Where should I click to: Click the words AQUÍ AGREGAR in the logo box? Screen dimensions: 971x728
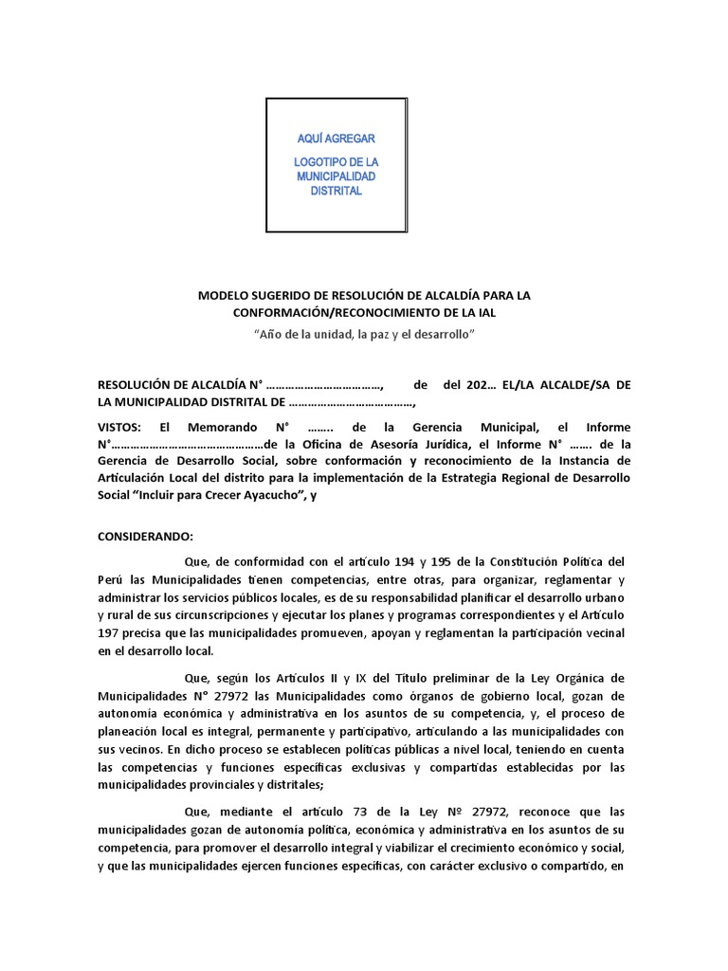click(337, 138)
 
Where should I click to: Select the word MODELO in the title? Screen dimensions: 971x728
click(223, 296)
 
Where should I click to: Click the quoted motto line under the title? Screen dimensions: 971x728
click(364, 335)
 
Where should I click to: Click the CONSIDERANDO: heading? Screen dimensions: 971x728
click(145, 536)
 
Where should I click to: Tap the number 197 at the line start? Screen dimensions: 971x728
click(109, 632)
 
